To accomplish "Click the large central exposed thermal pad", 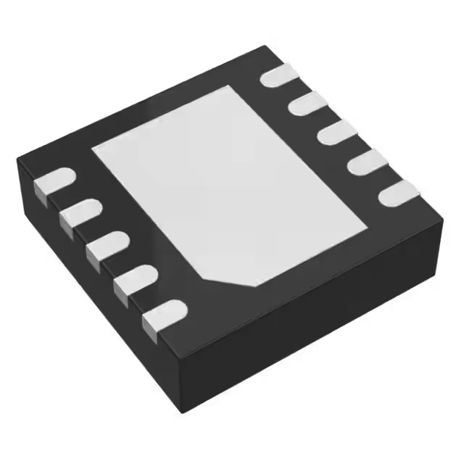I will [x=232, y=181].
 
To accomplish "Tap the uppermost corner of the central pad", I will [x=232, y=86].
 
